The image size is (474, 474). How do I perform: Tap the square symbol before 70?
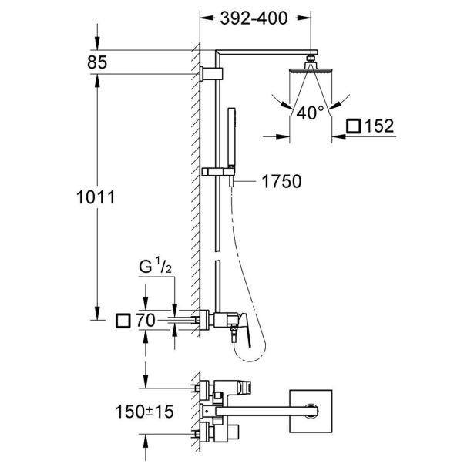coord(121,318)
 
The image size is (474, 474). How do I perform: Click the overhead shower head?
coord(311,70)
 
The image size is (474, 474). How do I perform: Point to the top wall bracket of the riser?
coord(210,72)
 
